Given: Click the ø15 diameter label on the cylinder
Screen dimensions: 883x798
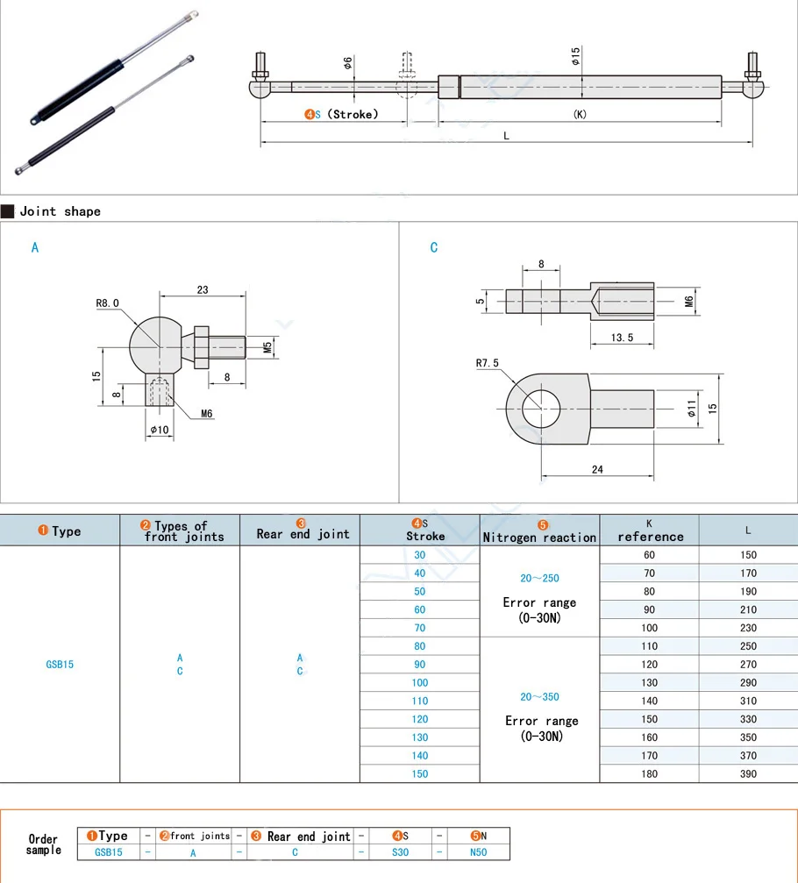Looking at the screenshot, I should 575,57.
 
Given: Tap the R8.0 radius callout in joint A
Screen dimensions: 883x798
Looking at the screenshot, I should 108,303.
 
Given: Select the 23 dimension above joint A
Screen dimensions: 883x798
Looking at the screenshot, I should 203,289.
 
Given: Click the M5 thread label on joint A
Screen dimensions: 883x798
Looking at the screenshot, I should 267,348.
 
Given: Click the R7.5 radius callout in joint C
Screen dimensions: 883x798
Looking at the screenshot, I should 487,362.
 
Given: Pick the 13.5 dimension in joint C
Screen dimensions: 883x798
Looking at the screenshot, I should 623,338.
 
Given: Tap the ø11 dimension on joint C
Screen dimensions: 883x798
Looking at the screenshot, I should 691,407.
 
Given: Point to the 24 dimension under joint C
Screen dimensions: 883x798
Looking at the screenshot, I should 597,469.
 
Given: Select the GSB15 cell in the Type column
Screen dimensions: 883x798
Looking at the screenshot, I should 60,665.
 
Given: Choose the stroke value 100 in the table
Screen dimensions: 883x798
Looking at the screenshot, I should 420,682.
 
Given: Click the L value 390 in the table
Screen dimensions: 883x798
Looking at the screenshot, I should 748,773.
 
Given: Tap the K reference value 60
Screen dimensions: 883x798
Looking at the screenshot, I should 649,555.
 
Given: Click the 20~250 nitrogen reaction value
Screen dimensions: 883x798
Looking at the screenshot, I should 539,579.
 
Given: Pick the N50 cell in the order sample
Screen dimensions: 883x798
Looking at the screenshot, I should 478,851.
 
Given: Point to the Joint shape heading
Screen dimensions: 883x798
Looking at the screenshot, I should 60,211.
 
